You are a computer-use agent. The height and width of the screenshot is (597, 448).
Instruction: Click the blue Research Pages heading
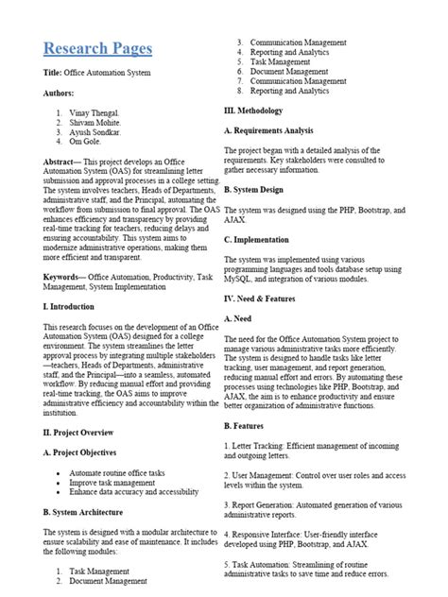pyautogui.click(x=96, y=47)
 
